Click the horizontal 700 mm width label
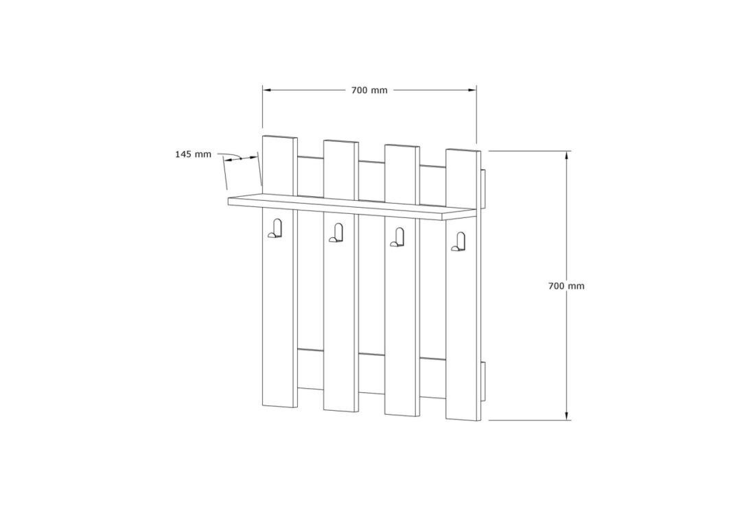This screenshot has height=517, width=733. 369,90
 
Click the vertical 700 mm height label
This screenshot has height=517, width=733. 566,286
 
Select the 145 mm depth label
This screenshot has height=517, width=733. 193,154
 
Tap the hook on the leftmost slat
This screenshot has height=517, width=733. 275,228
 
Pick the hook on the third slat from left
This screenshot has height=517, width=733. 398,237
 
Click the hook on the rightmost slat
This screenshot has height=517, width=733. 459,241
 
